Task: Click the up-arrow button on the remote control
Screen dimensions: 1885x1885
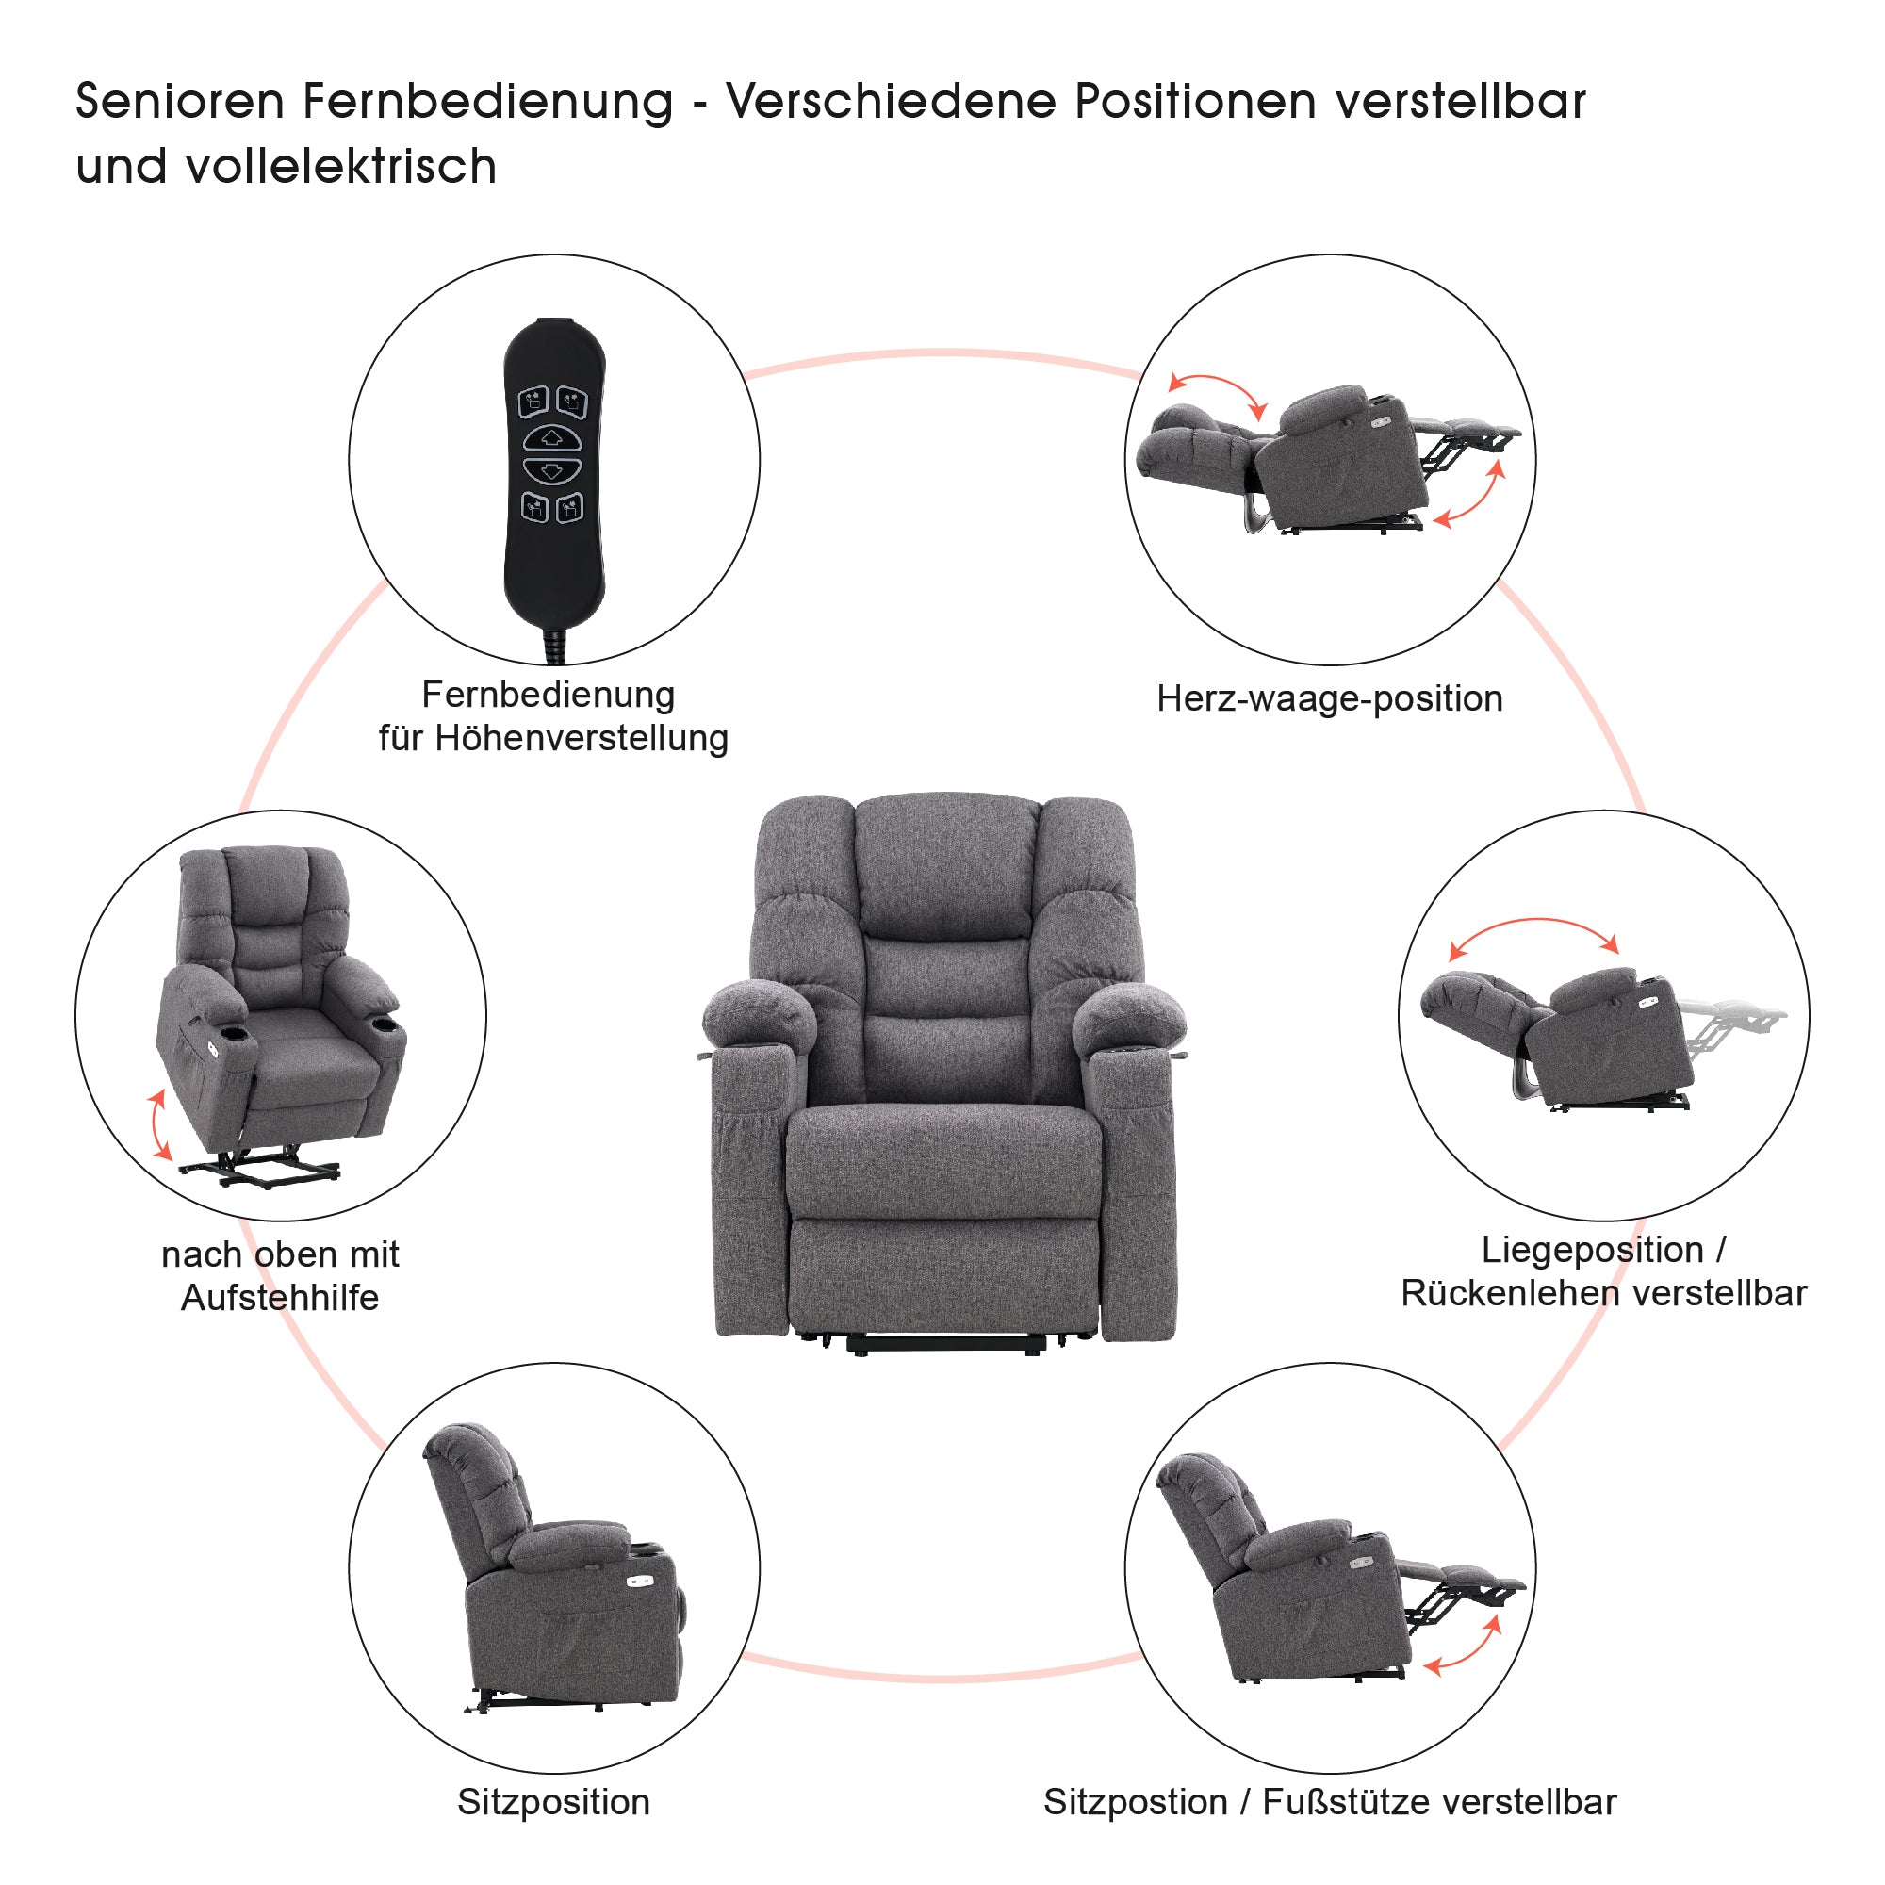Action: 552,438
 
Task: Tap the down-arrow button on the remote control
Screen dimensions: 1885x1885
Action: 552,471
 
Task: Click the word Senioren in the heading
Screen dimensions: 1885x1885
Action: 179,102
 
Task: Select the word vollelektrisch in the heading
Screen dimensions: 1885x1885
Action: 340,167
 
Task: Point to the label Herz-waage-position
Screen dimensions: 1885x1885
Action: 1329,698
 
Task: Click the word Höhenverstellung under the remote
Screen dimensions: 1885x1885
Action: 581,739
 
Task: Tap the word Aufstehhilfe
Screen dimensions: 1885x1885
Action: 280,1298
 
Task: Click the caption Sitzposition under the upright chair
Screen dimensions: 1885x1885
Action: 553,1802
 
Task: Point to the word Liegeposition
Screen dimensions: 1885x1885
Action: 1592,1250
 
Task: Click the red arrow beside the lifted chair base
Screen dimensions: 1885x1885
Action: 158,1125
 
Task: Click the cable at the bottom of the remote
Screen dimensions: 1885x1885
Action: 555,645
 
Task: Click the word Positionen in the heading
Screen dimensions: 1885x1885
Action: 1194,102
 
